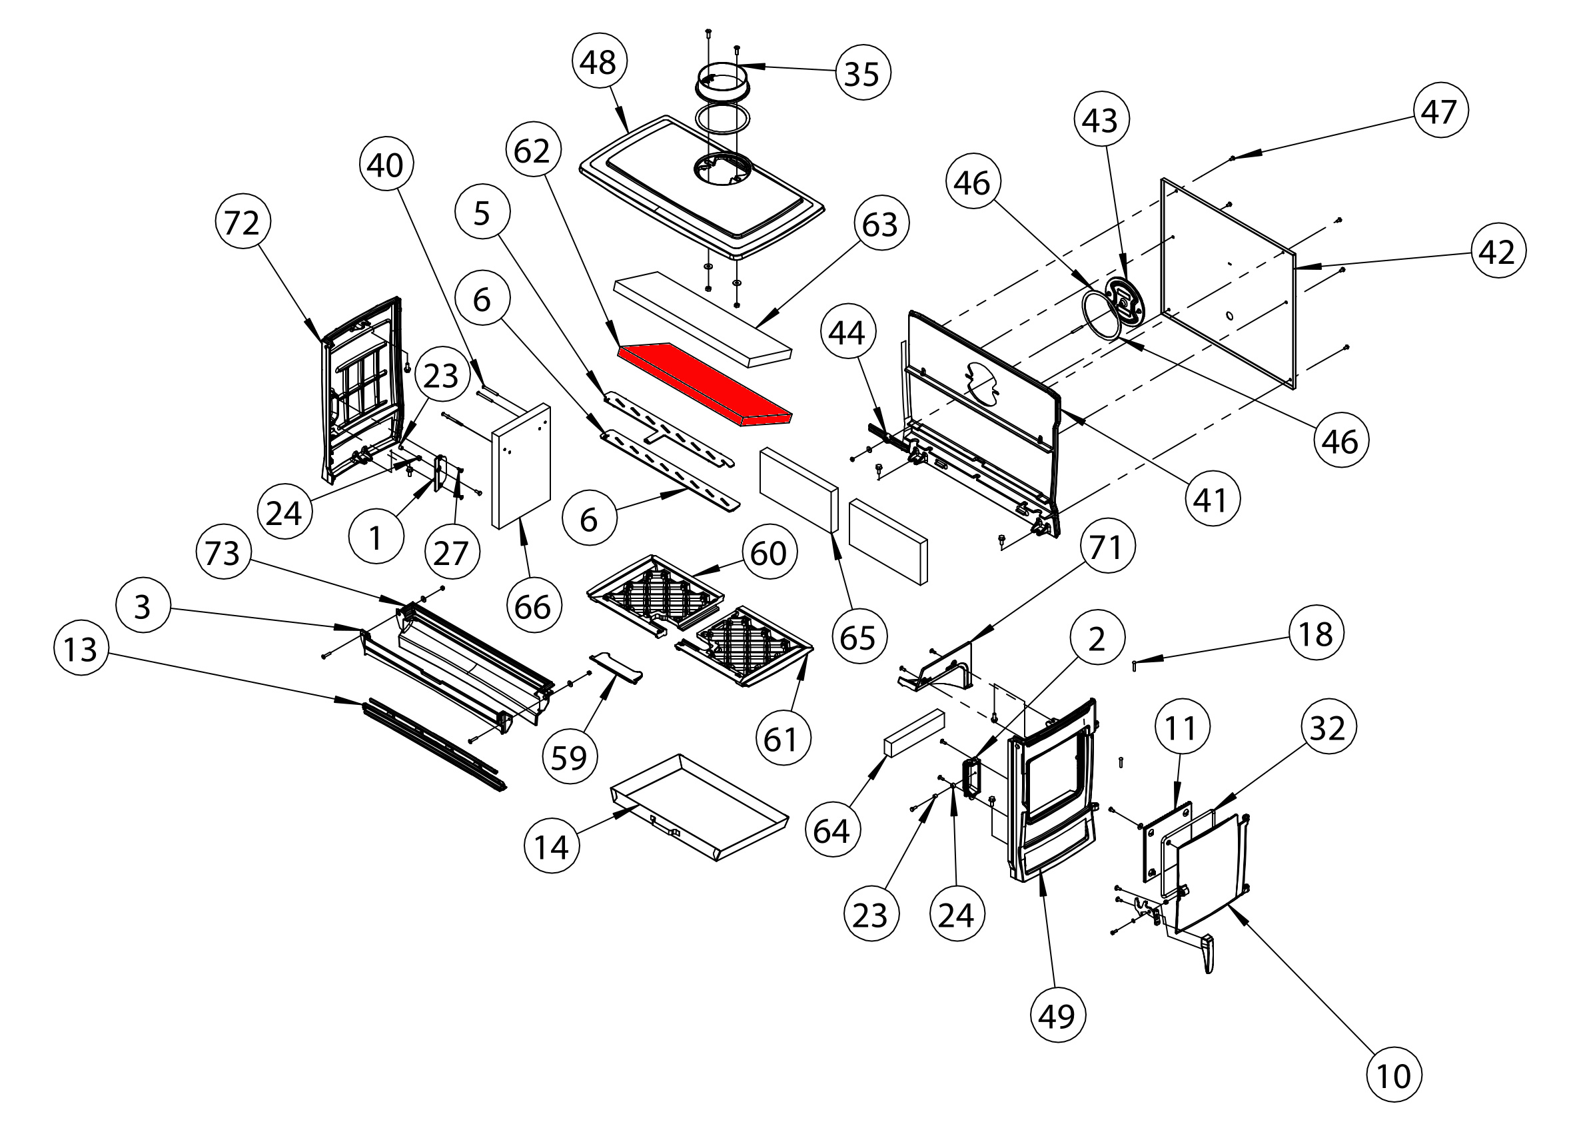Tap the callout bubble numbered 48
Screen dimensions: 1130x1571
[599, 63]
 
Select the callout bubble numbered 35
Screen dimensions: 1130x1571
[862, 73]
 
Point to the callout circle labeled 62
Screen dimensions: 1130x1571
[532, 151]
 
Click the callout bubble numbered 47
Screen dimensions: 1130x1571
[1440, 111]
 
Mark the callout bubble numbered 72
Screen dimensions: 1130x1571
[242, 223]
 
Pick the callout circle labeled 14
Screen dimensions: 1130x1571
[552, 847]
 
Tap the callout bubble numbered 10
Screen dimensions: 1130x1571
[1393, 1076]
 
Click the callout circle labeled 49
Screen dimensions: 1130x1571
[1057, 1015]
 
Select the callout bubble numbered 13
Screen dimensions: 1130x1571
[81, 650]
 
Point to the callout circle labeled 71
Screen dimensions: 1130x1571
[1106, 547]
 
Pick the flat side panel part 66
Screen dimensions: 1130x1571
[521, 466]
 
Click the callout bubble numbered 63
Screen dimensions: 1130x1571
[880, 225]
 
